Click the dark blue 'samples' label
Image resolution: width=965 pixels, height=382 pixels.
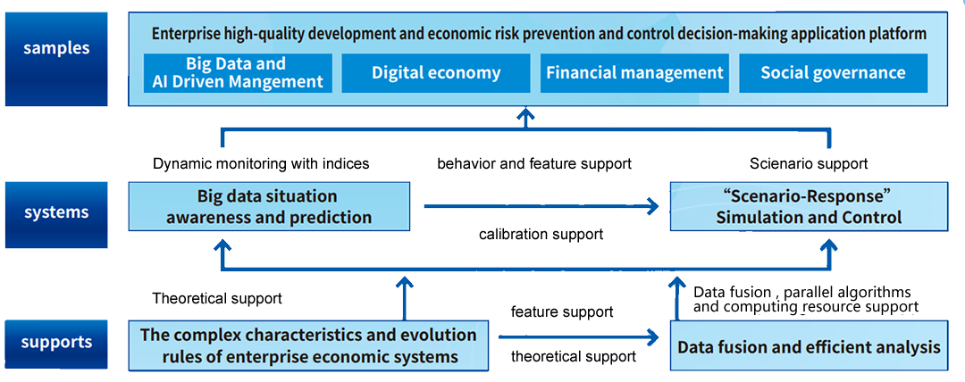56,59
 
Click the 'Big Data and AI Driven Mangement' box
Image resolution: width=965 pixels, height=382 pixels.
238,73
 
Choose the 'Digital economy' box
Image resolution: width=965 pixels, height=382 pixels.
436,73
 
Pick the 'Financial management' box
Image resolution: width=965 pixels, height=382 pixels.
634,73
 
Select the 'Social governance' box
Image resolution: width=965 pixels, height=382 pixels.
834,73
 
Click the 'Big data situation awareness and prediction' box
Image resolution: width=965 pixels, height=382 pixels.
269,207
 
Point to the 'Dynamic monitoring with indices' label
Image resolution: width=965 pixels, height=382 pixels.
261,164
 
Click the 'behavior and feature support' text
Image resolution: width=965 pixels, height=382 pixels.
534,164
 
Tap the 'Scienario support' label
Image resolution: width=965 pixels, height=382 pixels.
809,163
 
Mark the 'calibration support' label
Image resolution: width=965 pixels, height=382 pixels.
541,235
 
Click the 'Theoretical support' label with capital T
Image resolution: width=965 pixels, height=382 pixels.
217,299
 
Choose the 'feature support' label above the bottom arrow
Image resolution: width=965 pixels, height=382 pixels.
562,311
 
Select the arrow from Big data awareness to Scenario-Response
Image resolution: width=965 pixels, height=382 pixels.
541,207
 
